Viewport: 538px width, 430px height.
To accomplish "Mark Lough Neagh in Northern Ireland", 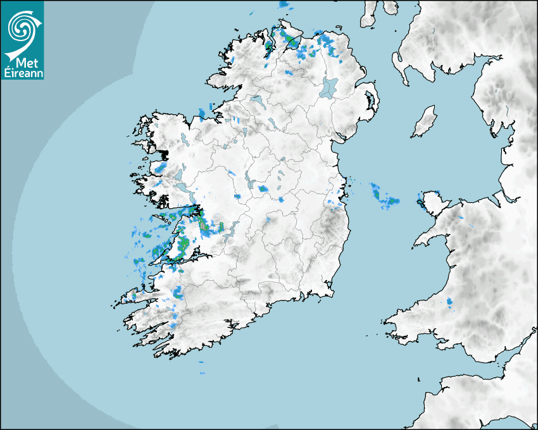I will click(329, 87).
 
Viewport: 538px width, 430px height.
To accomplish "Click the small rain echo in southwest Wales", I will click(450, 302).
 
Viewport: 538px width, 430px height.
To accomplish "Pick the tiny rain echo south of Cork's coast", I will click(201, 362).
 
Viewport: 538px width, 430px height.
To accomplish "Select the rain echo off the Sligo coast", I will click(202, 114).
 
